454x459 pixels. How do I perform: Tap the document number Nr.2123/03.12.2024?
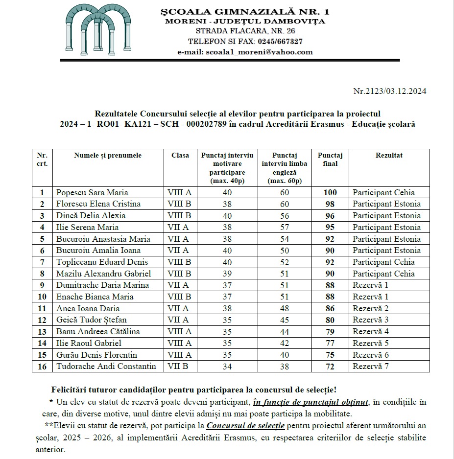point(390,91)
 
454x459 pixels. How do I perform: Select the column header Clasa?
point(180,156)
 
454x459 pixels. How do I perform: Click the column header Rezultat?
point(389,156)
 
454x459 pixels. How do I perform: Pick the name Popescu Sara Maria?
point(92,192)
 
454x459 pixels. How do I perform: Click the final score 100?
point(330,192)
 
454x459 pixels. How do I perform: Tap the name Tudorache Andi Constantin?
point(106,366)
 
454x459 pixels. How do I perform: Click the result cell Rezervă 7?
point(371,366)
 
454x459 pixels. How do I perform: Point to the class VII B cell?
point(178,366)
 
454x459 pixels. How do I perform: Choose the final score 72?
point(330,366)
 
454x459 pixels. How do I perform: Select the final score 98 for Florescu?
point(330,204)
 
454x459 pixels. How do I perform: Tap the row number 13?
point(42,331)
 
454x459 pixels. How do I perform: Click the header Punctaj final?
point(330,160)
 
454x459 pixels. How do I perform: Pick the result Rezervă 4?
point(371,331)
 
